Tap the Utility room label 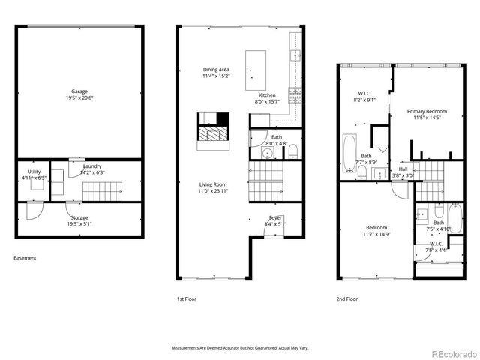[x=34, y=175]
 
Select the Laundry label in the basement [x=92, y=169]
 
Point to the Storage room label [x=79, y=220]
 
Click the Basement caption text [x=25, y=258]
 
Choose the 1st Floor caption [x=187, y=298]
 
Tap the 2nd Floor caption [x=347, y=298]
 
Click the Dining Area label [x=215, y=72]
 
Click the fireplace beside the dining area [x=211, y=127]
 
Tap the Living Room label [x=214, y=187]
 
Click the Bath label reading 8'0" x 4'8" [x=277, y=140]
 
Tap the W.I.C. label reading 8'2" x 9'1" [x=364, y=97]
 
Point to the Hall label [x=403, y=172]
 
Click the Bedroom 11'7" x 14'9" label [x=376, y=231]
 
